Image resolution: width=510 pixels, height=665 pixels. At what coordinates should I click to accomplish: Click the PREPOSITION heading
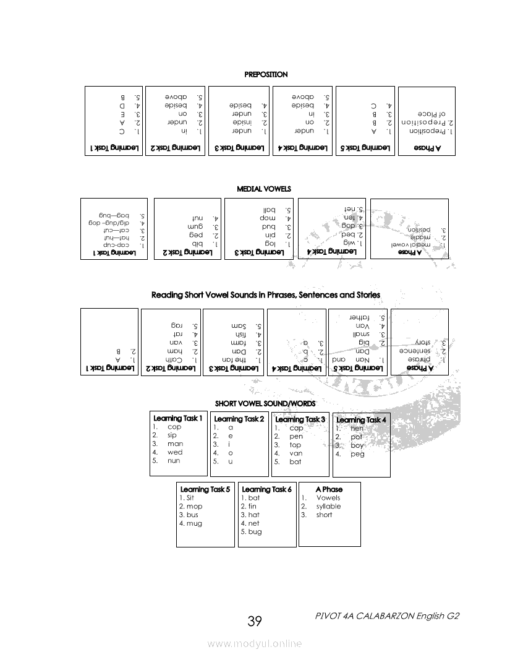266,74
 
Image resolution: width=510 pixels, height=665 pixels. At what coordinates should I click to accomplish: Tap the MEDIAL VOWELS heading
264,189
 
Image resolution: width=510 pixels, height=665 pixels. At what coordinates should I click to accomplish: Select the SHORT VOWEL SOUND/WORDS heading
265,403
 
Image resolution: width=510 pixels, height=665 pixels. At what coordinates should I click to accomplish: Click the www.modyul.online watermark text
255,643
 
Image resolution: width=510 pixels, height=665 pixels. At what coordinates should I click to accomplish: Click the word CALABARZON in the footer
383,616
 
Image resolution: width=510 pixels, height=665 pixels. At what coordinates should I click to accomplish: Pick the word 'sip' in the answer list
172,435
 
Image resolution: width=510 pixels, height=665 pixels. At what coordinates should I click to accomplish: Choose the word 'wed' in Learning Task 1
175,452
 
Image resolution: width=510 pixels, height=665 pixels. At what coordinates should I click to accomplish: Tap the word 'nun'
174,461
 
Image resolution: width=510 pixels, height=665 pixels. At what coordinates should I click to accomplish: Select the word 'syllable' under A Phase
328,506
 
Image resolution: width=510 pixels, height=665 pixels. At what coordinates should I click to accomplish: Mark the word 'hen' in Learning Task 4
357,428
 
